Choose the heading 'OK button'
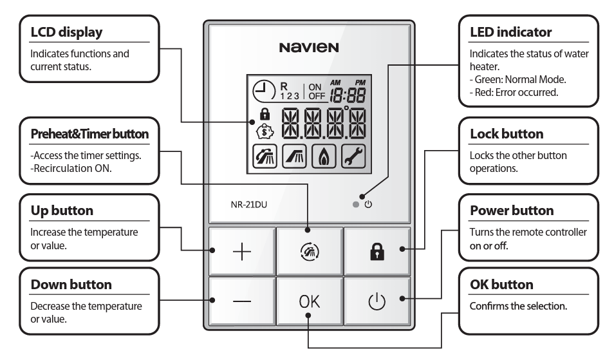point(501,284)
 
